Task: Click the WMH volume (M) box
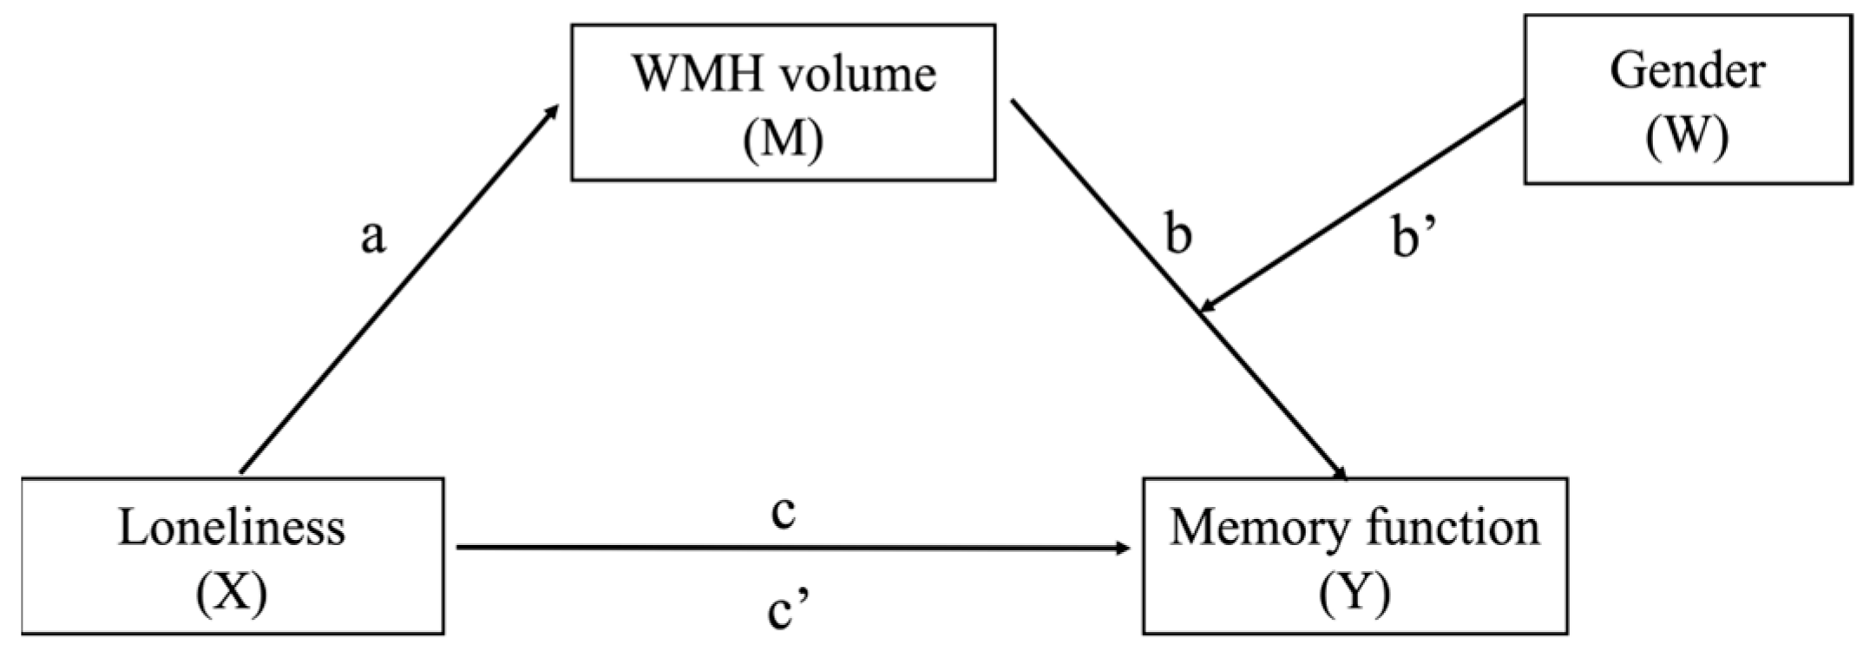click(783, 102)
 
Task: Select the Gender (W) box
click(1687, 99)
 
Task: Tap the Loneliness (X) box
click(232, 556)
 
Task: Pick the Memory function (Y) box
click(1355, 556)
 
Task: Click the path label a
click(373, 236)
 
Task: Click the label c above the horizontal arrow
click(783, 512)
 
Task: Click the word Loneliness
click(232, 528)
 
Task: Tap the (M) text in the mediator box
click(783, 139)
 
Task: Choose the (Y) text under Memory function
click(1355, 594)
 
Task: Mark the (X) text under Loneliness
click(232, 594)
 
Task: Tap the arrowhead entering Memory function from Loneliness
click(1123, 548)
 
